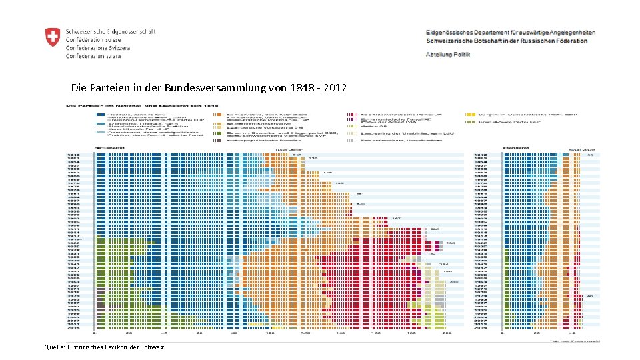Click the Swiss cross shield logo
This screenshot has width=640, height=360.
(52, 37)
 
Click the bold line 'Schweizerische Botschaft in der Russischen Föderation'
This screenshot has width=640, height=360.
(506, 41)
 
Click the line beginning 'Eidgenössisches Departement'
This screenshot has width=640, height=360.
(511, 32)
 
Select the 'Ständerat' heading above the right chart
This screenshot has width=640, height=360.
(512, 145)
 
